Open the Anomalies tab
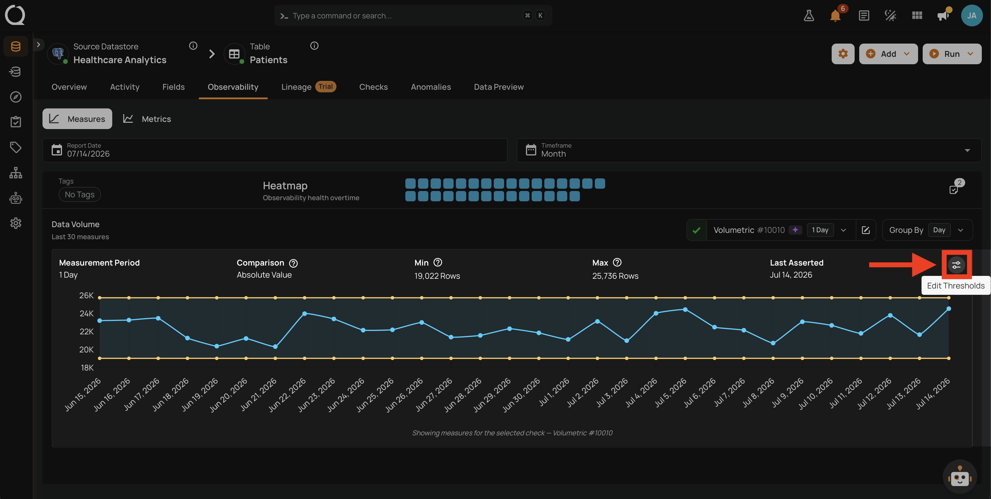click(x=431, y=87)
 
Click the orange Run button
click(x=952, y=54)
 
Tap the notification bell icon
click(x=835, y=16)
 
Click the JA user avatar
click(x=972, y=15)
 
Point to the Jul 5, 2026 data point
click(x=685, y=309)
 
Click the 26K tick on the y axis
click(x=86, y=295)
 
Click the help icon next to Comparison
click(x=293, y=263)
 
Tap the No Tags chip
click(x=80, y=194)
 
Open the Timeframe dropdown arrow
click(x=967, y=150)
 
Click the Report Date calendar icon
click(x=57, y=150)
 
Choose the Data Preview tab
click(x=499, y=87)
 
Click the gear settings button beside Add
click(x=843, y=54)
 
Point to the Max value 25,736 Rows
click(x=615, y=276)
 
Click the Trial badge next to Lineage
click(x=326, y=87)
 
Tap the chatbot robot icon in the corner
click(x=960, y=477)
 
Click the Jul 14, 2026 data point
click(x=949, y=309)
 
